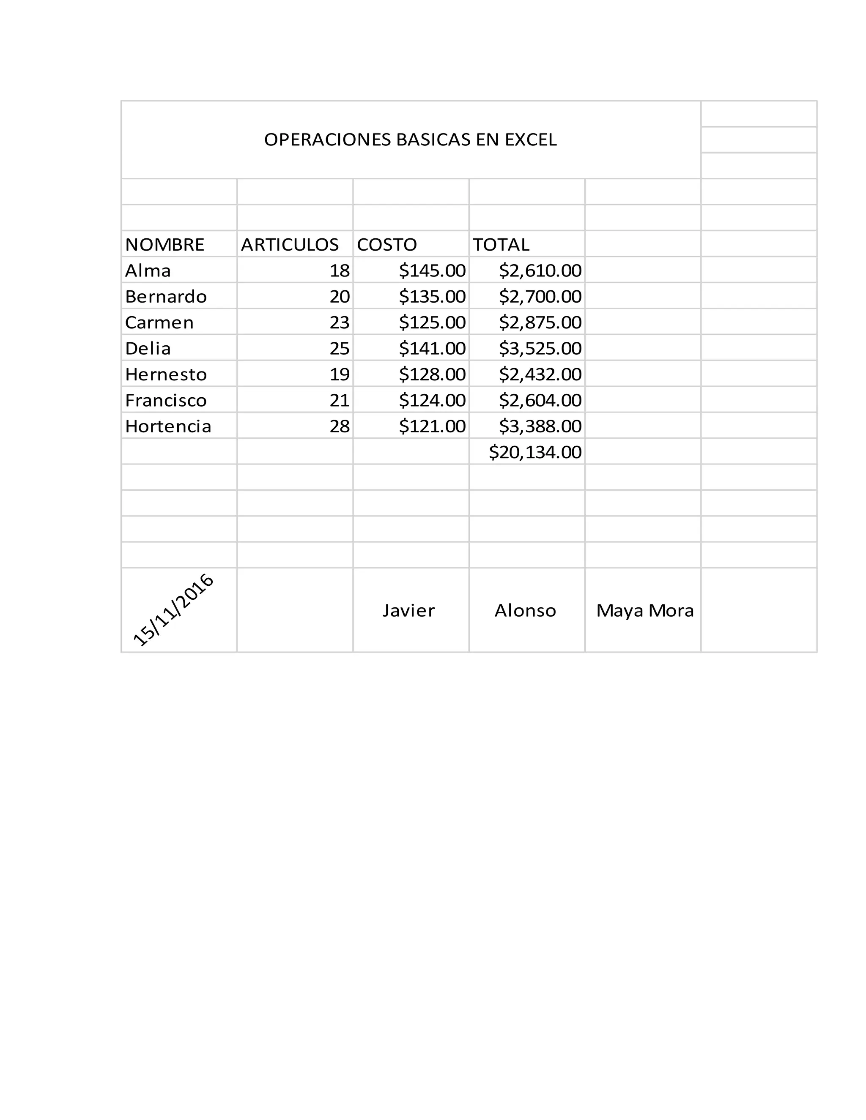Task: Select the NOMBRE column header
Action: pyautogui.click(x=164, y=245)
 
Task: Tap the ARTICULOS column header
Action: pyautogui.click(x=290, y=245)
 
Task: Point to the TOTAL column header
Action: pyautogui.click(x=501, y=245)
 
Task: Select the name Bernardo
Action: pyautogui.click(x=166, y=296)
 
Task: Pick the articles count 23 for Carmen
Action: pyautogui.click(x=339, y=322)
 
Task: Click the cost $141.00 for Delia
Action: pyautogui.click(x=432, y=349)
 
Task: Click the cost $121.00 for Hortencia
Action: pyautogui.click(x=432, y=426)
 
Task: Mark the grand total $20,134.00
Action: pyautogui.click(x=534, y=452)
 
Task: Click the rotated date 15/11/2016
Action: pyautogui.click(x=173, y=610)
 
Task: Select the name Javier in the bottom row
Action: pyautogui.click(x=408, y=610)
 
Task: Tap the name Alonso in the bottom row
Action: pyautogui.click(x=525, y=610)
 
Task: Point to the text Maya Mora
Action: pyautogui.click(x=644, y=610)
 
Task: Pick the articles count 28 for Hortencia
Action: pyautogui.click(x=339, y=426)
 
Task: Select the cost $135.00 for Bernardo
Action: pyautogui.click(x=432, y=296)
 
